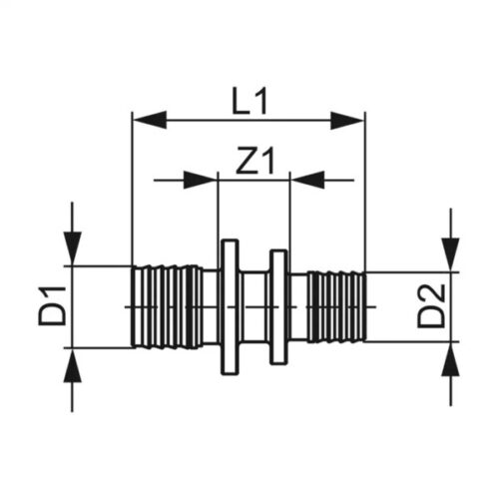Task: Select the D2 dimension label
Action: [x=431, y=306]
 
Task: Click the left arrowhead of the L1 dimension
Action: [x=150, y=120]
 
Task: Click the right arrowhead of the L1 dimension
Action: [x=348, y=121]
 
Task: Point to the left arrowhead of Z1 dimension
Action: [x=201, y=180]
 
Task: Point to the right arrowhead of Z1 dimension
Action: [x=307, y=180]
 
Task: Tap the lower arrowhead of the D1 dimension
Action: [x=72, y=365]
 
